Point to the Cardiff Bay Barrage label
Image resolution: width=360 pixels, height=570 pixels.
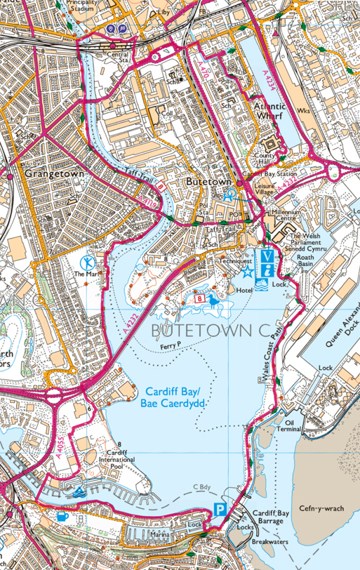271,517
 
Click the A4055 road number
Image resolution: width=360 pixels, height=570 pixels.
62,435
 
